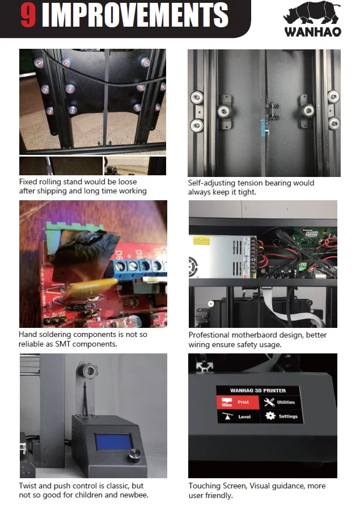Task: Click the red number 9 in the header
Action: point(29,15)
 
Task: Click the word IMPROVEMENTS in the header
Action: point(135,15)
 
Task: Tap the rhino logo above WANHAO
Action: point(312,13)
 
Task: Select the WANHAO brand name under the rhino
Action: point(312,32)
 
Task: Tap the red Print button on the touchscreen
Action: point(238,402)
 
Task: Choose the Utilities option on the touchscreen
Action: point(279,402)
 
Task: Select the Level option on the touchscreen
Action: point(238,416)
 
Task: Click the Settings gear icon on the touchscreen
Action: point(270,416)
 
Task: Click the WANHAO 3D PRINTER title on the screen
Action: point(258,390)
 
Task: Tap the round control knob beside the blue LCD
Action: point(135,455)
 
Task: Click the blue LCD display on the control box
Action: point(113,442)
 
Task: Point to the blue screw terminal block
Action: point(139,266)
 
